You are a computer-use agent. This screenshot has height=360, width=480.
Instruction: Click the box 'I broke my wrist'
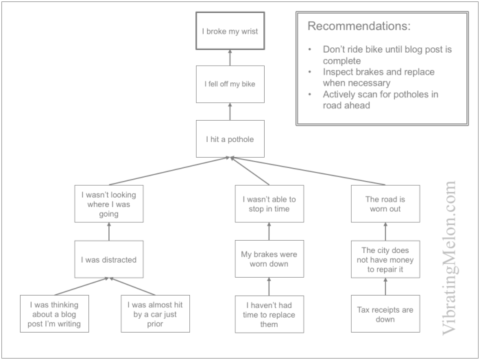click(230, 31)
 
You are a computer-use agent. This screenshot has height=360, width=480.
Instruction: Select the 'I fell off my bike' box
click(230, 84)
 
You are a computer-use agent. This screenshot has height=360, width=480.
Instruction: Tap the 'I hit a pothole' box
click(230, 139)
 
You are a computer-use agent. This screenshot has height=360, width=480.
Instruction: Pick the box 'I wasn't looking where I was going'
click(109, 204)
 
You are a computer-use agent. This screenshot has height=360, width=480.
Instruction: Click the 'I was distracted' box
click(109, 259)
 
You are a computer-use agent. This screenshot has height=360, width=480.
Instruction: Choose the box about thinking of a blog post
click(55, 314)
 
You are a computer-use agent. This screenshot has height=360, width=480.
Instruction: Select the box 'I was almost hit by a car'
click(155, 314)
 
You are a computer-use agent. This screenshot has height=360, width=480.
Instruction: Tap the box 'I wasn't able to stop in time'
click(269, 204)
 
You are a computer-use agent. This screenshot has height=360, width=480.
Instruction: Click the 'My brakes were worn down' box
click(269, 259)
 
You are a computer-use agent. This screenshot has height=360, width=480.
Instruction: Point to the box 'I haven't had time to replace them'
click(269, 314)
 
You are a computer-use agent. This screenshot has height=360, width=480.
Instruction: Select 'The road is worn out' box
click(385, 204)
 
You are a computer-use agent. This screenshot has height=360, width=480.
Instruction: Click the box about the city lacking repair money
click(385, 259)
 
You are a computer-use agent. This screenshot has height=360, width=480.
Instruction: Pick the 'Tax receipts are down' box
click(385, 314)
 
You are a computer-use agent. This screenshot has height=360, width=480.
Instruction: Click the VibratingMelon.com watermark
click(449, 257)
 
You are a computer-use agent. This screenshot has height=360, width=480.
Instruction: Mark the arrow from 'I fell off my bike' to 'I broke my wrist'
click(230, 58)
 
